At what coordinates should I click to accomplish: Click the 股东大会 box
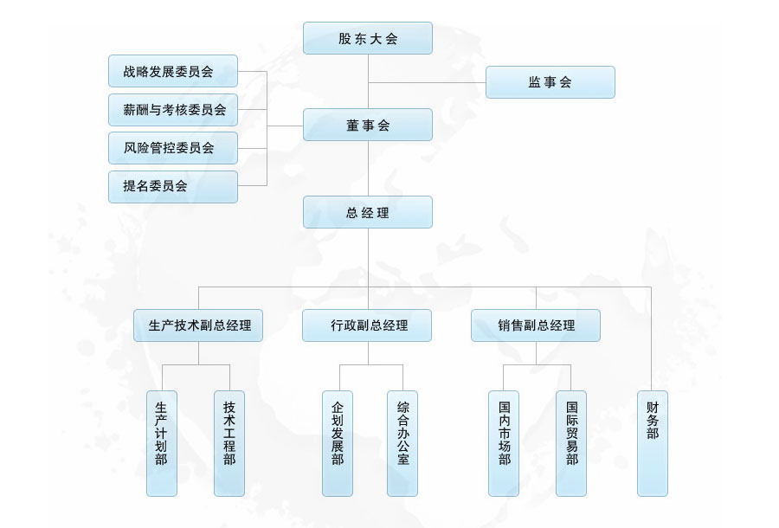pyautogui.click(x=368, y=38)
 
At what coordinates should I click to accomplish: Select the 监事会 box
pyautogui.click(x=550, y=82)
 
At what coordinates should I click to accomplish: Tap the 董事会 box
pyautogui.click(x=368, y=125)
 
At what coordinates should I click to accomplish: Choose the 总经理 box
pyautogui.click(x=368, y=212)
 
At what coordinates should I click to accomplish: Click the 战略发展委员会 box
pyautogui.click(x=173, y=71)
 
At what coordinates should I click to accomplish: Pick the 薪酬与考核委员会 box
pyautogui.click(x=173, y=110)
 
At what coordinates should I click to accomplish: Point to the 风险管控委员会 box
pyautogui.click(x=173, y=148)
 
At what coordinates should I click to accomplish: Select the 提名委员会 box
pyautogui.click(x=173, y=186)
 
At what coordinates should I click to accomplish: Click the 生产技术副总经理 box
pyautogui.click(x=198, y=325)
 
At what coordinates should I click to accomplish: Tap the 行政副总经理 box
pyautogui.click(x=367, y=325)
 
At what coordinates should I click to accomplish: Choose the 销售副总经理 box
pyautogui.click(x=536, y=325)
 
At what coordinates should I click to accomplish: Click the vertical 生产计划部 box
pyautogui.click(x=162, y=443)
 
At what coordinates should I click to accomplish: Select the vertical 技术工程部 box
pyautogui.click(x=229, y=443)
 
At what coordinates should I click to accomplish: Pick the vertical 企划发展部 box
pyautogui.click(x=338, y=443)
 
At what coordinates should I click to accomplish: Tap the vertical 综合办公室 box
pyautogui.click(x=402, y=443)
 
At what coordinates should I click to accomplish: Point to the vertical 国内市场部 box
pyautogui.click(x=504, y=443)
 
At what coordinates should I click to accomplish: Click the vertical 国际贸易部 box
pyautogui.click(x=571, y=443)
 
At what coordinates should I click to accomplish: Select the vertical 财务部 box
pyautogui.click(x=653, y=443)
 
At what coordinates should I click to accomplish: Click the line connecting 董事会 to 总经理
pyautogui.click(x=368, y=169)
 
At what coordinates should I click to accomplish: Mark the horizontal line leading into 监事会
pyautogui.click(x=428, y=82)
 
